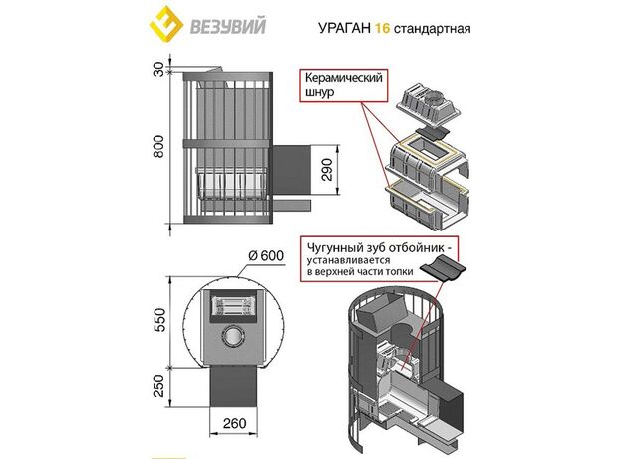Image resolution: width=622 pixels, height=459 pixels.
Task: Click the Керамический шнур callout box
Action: [x=338, y=85]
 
